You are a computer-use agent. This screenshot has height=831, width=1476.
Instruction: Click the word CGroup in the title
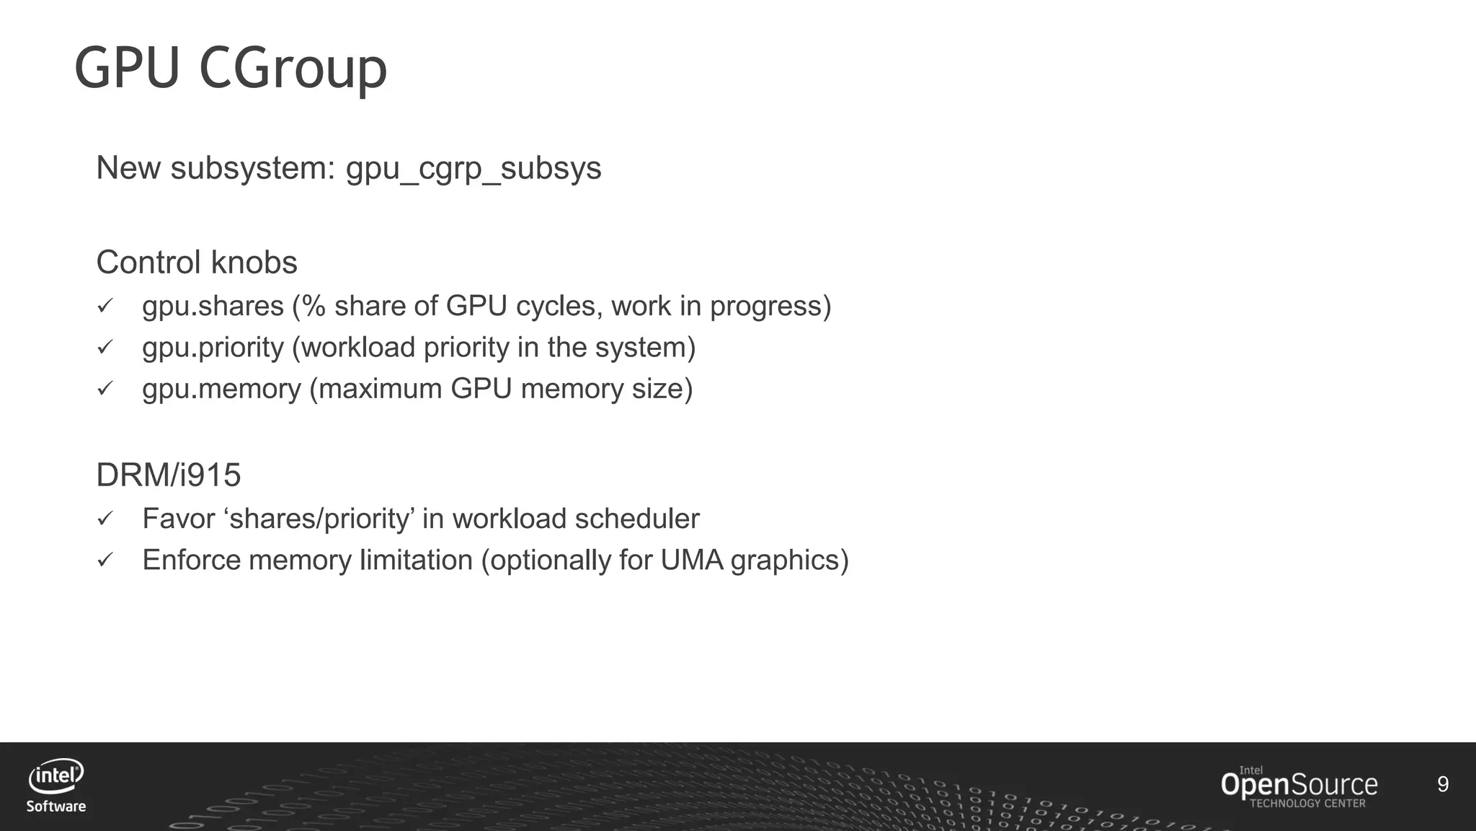point(293,69)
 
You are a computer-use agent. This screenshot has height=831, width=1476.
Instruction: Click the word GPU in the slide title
point(127,69)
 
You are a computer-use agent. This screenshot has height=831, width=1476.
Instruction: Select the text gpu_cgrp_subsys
point(474,168)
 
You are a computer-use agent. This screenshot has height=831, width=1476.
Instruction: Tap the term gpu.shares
point(213,307)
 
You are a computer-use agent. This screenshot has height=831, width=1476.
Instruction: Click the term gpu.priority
point(213,348)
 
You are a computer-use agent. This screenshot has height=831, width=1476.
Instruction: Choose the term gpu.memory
point(221,389)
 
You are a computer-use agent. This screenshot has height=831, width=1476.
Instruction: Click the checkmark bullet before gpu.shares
point(105,307)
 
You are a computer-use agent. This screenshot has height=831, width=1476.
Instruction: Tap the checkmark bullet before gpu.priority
point(105,348)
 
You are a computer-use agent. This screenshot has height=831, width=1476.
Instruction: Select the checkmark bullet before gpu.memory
point(105,389)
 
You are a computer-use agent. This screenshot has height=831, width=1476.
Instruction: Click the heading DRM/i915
point(169,475)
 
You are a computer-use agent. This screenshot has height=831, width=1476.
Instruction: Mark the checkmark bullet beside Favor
point(105,519)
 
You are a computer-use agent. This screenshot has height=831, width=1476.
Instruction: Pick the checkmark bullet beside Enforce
point(105,560)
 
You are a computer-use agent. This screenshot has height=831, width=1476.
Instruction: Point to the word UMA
point(691,560)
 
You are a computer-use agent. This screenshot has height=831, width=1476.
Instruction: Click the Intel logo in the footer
point(55,776)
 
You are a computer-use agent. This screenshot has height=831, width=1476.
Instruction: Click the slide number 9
point(1443,784)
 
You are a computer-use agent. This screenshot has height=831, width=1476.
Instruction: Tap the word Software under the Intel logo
point(56,806)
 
